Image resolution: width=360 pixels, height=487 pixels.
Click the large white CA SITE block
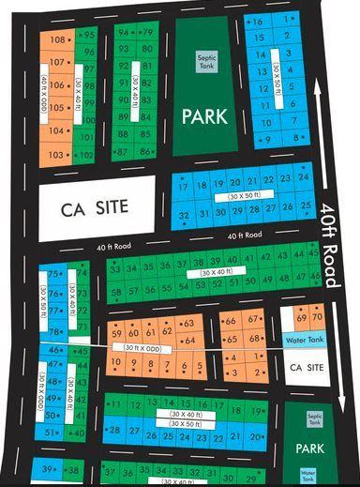[95, 205]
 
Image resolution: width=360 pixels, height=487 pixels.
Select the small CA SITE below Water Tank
[306, 365]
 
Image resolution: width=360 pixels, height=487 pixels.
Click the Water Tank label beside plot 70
[303, 340]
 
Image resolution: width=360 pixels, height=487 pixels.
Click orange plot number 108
[57, 39]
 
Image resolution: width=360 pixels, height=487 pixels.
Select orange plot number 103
[55, 154]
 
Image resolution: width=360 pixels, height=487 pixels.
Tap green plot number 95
[89, 35]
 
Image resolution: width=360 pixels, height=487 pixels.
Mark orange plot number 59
[117, 333]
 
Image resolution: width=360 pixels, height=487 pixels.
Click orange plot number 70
[318, 320]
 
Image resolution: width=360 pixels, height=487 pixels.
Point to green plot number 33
[116, 267]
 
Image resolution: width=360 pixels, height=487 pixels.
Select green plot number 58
[116, 292]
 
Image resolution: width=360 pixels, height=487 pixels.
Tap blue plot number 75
[52, 273]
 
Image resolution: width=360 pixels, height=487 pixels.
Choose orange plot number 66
[230, 322]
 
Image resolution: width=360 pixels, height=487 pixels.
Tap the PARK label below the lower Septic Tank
[308, 449]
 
